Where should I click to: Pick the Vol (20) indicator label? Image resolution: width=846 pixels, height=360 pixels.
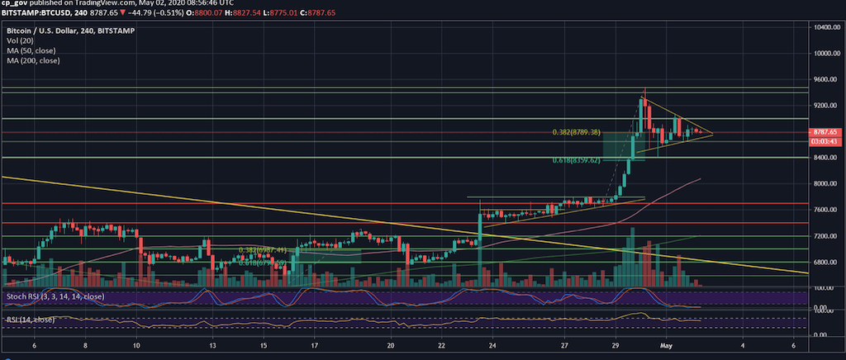click(18, 40)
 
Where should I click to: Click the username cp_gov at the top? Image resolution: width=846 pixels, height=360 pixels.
click(17, 4)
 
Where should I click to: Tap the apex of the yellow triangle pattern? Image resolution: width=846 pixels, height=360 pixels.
click(713, 134)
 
